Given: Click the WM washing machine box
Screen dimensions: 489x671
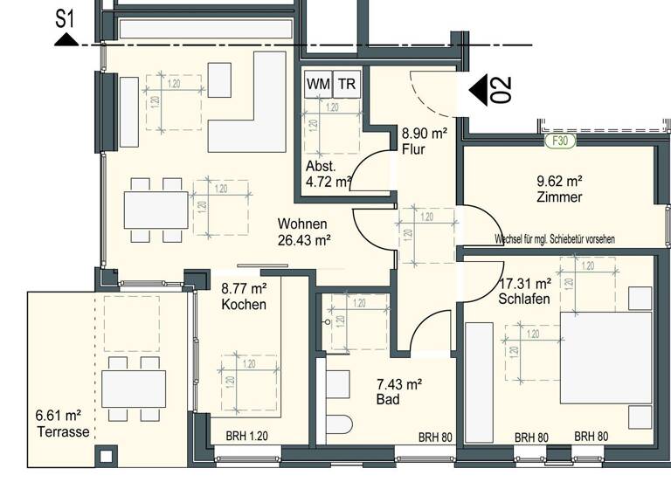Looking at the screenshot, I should (318, 84).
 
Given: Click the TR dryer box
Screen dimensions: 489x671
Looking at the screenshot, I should (347, 84).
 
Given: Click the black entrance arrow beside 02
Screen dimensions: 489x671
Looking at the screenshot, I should (478, 90).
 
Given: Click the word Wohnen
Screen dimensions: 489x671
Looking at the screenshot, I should (302, 224).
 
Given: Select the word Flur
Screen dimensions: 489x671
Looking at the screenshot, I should (412, 148).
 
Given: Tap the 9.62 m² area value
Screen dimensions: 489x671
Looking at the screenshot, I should (559, 182).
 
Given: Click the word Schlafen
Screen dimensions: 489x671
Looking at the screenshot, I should (524, 299).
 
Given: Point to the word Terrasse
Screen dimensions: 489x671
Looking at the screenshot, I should (63, 430).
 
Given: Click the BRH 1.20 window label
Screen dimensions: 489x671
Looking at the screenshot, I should (246, 437).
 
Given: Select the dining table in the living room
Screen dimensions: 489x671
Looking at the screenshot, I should (156, 210).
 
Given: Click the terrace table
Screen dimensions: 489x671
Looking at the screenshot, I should (133, 389).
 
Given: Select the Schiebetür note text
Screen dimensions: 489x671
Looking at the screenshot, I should (554, 238).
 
